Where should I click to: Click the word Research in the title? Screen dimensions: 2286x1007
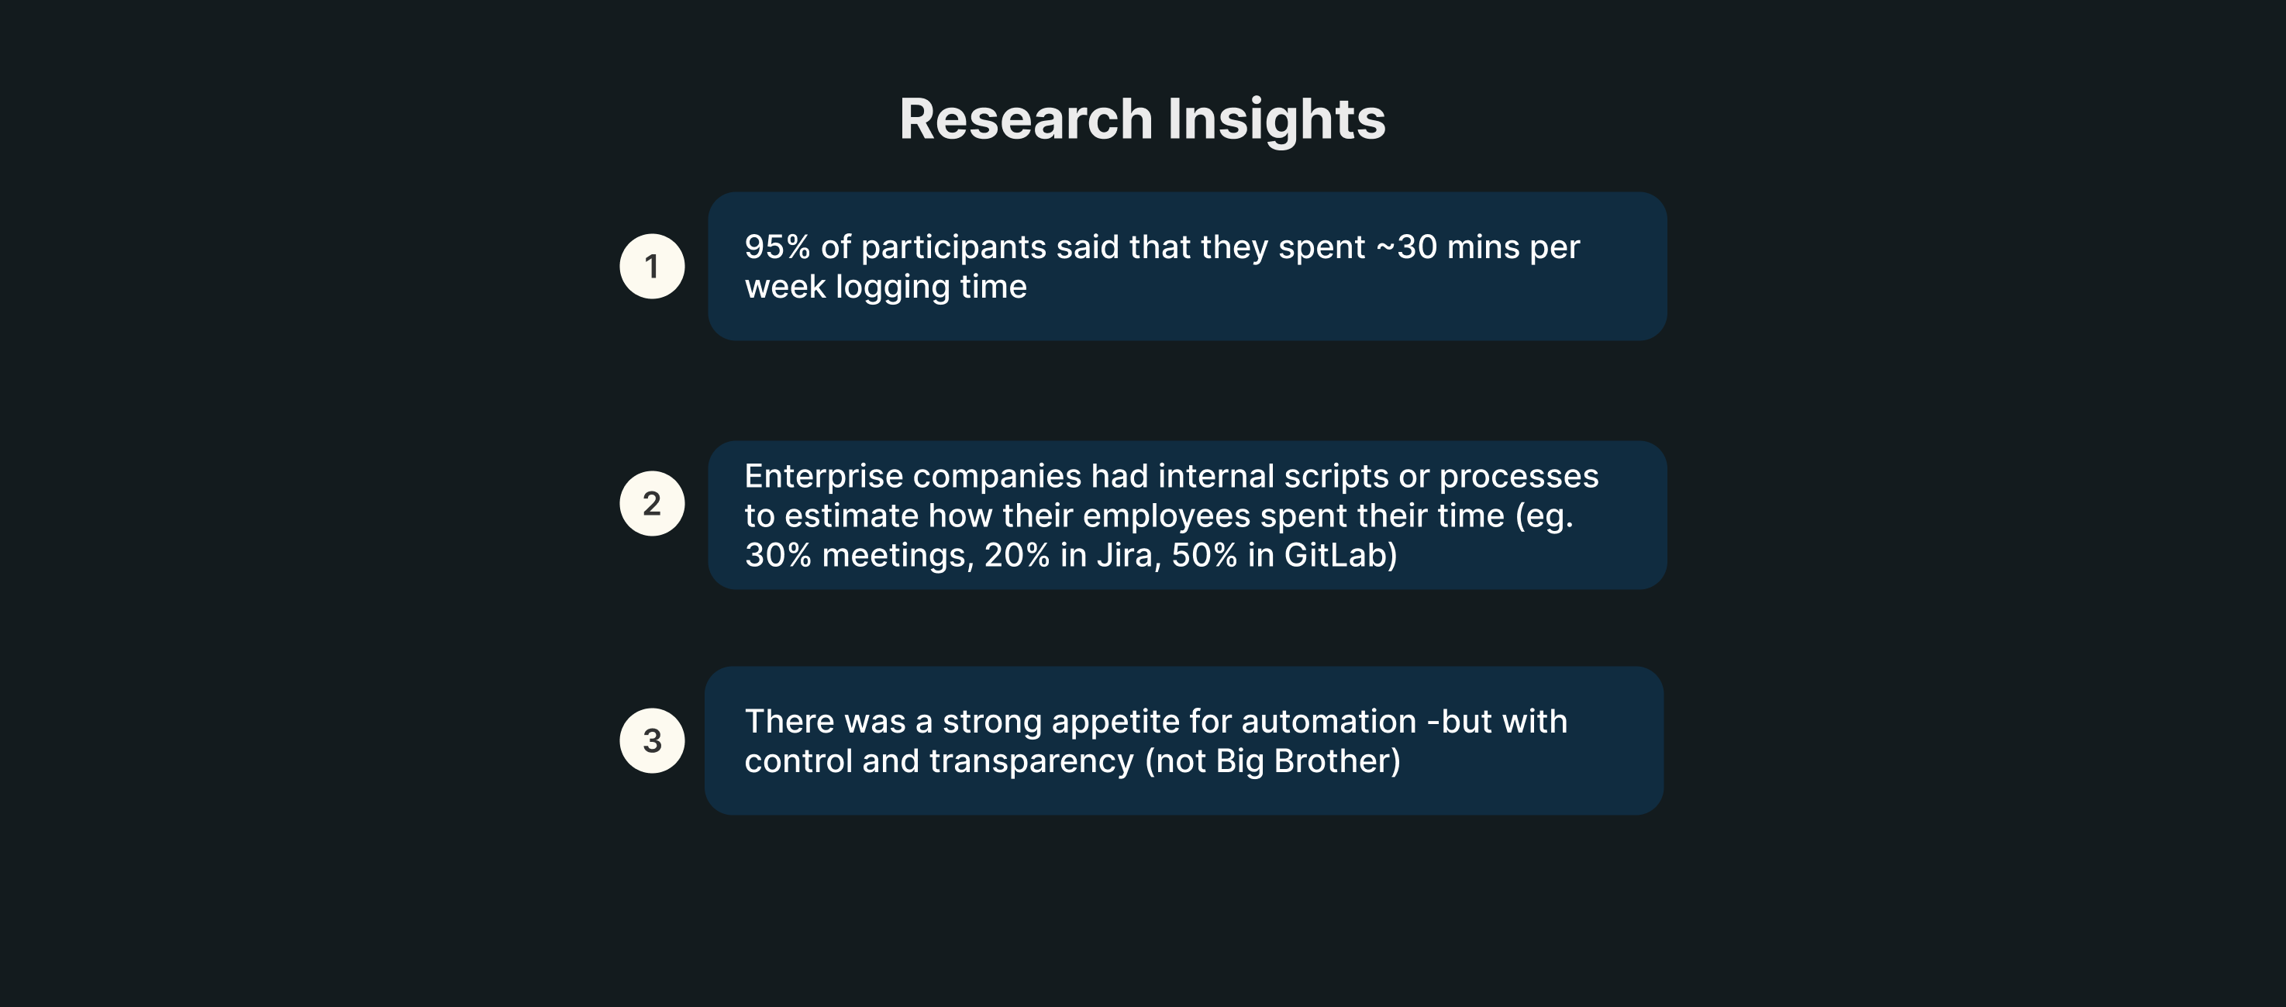click(x=1026, y=119)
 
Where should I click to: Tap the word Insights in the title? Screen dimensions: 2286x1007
click(x=1276, y=119)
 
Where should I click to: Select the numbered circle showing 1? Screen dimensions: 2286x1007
click(x=652, y=266)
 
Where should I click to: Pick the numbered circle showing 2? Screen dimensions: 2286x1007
click(x=652, y=503)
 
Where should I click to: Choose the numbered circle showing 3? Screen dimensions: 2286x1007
click(x=652, y=740)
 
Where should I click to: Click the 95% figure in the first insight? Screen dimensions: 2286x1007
click(x=778, y=247)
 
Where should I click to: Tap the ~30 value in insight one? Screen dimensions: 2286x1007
click(x=1407, y=247)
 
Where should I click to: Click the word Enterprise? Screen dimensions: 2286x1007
click(x=823, y=478)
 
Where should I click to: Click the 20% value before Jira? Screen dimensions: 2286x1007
click(x=1017, y=555)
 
